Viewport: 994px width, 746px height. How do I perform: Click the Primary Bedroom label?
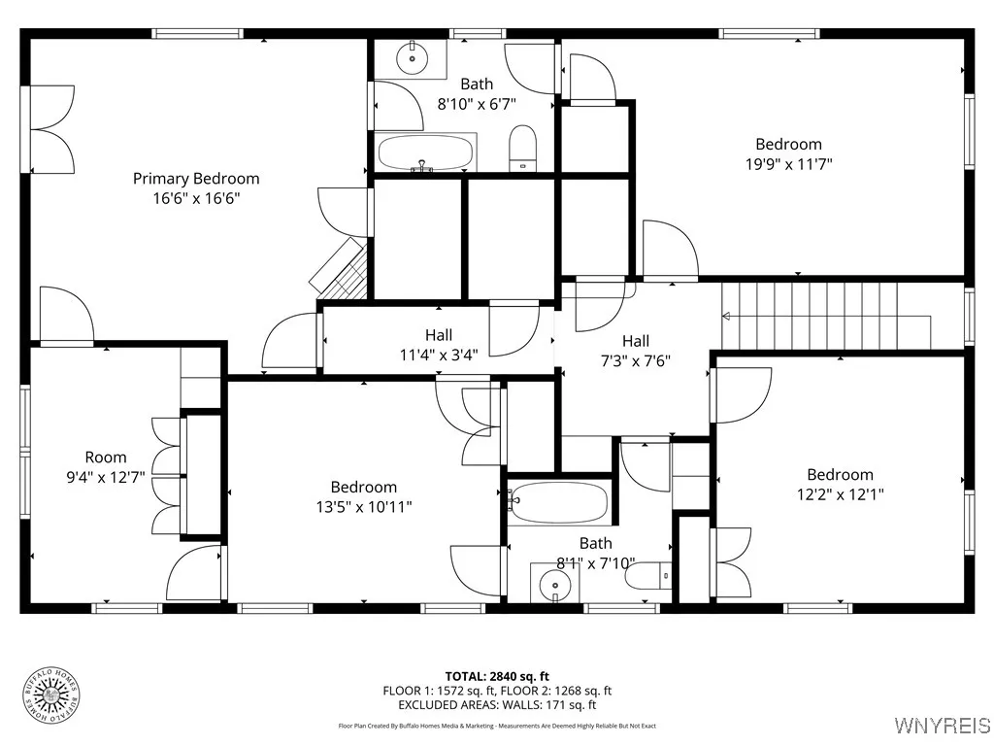(196, 179)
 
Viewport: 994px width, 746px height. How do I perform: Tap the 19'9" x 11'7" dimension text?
(788, 164)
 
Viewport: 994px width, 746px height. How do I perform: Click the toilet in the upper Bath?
(522, 148)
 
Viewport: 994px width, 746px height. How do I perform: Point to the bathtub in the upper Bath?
(424, 153)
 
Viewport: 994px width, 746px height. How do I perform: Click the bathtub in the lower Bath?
(560, 503)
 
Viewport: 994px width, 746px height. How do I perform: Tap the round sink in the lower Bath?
(555, 583)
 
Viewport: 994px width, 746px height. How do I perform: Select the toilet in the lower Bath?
(647, 577)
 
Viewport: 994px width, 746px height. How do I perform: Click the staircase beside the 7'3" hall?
(825, 315)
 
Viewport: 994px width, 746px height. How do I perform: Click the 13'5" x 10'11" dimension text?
(363, 506)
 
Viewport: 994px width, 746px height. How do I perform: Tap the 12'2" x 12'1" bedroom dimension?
(840, 493)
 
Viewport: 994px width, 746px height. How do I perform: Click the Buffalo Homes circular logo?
(50, 695)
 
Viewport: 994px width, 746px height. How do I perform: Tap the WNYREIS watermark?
(942, 725)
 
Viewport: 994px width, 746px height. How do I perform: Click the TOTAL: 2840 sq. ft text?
(497, 676)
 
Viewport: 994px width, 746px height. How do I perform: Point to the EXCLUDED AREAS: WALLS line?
(497, 705)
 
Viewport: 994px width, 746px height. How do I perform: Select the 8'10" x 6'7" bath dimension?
(476, 103)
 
